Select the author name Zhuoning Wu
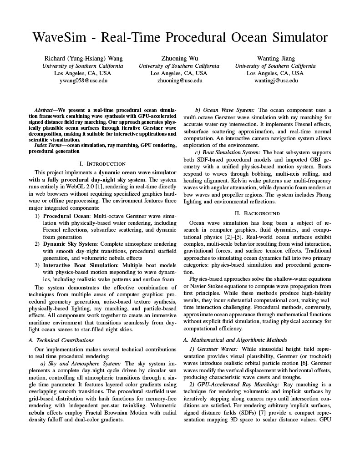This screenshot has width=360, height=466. [x=179, y=58]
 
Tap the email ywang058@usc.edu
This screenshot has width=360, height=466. [x=83, y=81]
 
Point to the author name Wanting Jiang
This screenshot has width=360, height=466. [x=276, y=58]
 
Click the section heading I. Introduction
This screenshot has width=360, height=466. [x=102, y=163]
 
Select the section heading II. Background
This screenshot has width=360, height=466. [x=257, y=213]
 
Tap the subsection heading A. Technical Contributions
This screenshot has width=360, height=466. [x=65, y=340]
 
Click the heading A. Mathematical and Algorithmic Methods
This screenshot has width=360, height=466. [x=234, y=339]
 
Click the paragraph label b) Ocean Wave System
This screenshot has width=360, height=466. [x=224, y=110]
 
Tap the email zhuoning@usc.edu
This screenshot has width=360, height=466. [x=179, y=81]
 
